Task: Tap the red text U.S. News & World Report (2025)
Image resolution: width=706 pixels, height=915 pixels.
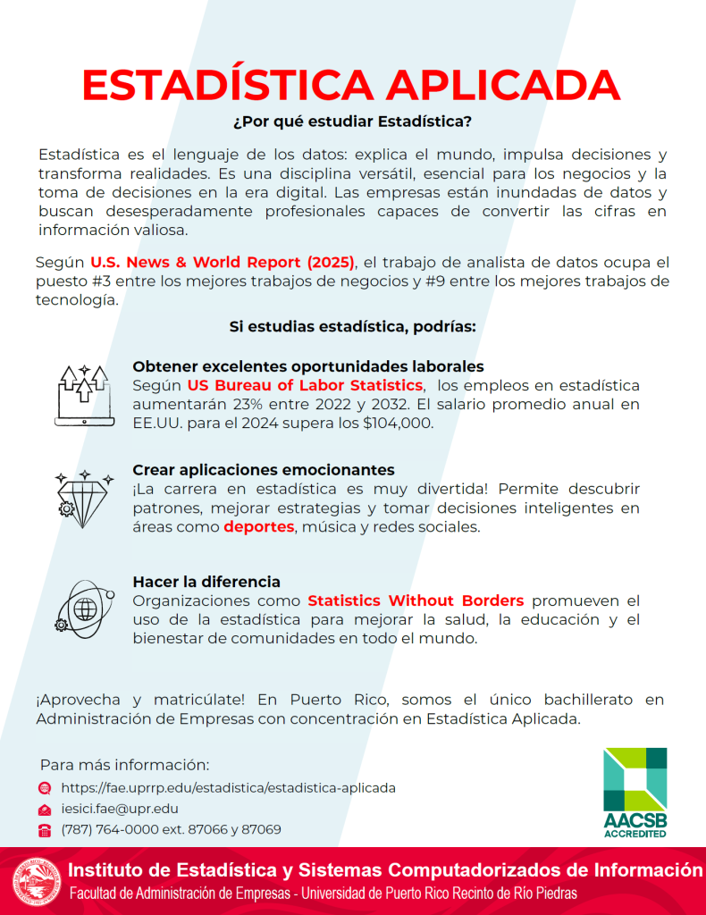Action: click(x=223, y=263)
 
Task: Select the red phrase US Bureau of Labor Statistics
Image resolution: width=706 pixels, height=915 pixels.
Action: click(x=305, y=385)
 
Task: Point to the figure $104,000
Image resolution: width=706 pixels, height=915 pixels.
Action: click(x=397, y=424)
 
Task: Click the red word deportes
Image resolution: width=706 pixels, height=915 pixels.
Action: click(x=259, y=527)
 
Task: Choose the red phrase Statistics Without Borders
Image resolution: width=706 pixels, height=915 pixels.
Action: click(x=416, y=600)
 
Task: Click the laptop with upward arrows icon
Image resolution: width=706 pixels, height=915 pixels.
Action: click(x=84, y=394)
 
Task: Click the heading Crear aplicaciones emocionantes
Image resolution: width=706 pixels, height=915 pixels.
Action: click(x=264, y=470)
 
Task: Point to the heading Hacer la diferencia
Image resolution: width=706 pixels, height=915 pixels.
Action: click(x=206, y=582)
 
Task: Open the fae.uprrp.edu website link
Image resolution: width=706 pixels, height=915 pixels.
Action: click(x=228, y=788)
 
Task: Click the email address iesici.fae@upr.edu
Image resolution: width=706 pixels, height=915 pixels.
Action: click(x=120, y=809)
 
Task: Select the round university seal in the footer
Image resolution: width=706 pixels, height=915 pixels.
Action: click(x=37, y=881)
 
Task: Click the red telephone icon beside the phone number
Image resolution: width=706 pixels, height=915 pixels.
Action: click(x=45, y=830)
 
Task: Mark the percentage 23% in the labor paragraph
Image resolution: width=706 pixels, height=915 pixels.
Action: click(x=241, y=405)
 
